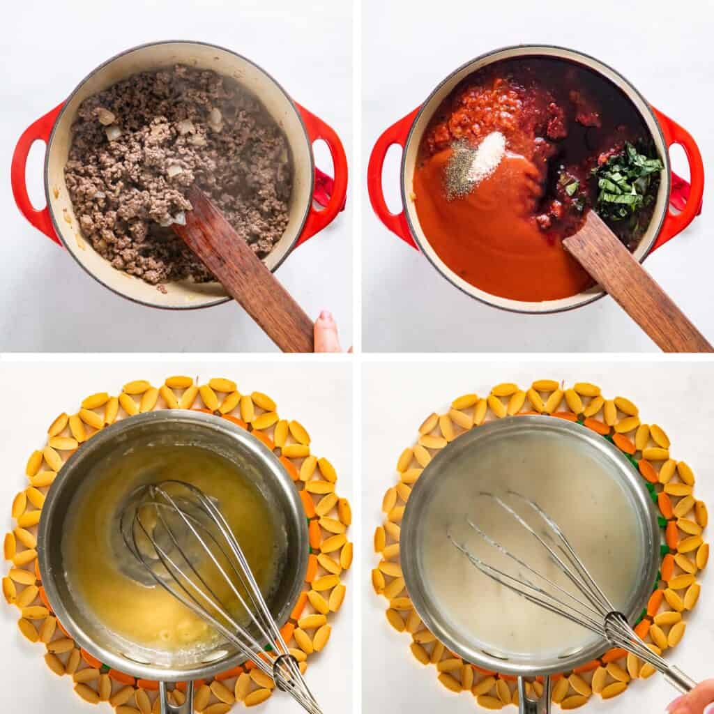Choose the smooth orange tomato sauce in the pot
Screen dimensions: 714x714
[488, 237]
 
